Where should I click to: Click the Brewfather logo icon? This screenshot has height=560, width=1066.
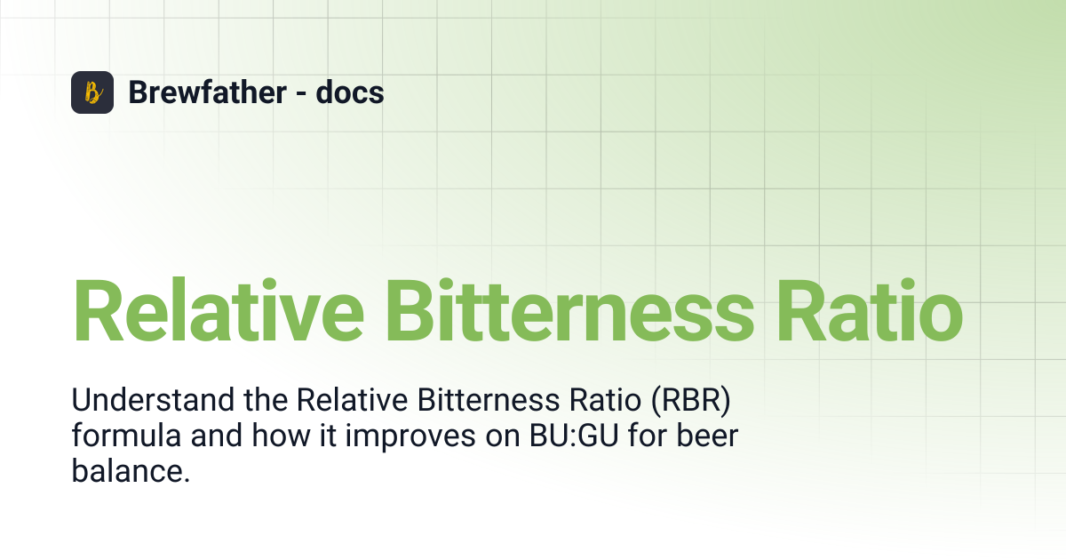point(92,92)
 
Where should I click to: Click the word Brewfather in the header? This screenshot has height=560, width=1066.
point(208,92)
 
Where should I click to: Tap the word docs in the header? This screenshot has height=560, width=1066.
point(350,92)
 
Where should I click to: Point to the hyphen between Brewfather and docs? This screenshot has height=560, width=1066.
point(301,93)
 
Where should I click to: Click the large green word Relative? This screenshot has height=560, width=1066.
point(219,310)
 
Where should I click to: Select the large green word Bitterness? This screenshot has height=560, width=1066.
point(570,310)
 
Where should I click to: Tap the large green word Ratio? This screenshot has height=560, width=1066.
point(870,310)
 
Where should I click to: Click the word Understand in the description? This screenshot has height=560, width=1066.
point(153,399)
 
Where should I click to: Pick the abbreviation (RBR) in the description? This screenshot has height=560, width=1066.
point(690,400)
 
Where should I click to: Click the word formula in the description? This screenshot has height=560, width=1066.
point(126,436)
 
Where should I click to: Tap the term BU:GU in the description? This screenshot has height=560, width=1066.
point(574,436)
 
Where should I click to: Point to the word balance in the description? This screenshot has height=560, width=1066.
point(131,471)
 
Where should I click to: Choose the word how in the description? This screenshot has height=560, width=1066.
point(281,436)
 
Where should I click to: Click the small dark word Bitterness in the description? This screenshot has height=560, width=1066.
point(489,399)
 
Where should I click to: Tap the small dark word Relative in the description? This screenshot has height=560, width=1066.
point(352,399)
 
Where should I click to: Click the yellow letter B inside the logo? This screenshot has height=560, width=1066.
point(93,92)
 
